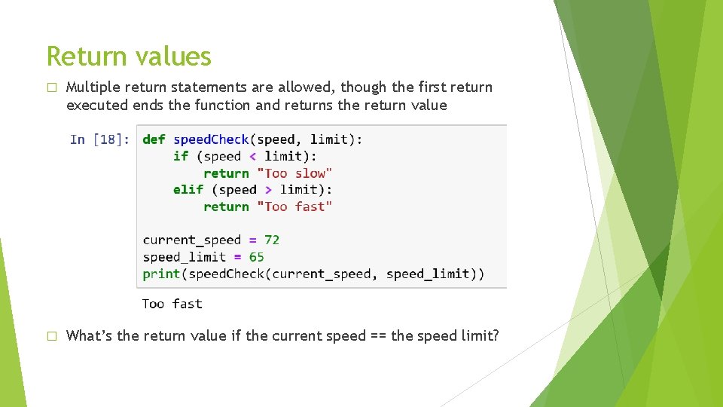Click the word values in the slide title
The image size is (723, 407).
tap(176, 57)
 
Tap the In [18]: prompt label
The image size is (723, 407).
tap(99, 139)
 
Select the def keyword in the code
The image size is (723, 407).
tap(154, 139)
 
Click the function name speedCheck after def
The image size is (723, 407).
tap(211, 139)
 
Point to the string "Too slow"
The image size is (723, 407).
tap(294, 173)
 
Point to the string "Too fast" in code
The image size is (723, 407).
tap(294, 207)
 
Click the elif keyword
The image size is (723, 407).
tap(188, 190)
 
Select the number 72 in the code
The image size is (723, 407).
tap(272, 240)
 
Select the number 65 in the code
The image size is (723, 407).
tap(257, 257)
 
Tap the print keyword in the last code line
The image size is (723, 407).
tap(161, 274)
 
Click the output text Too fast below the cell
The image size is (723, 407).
tap(172, 304)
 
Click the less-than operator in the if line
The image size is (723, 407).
tap(252, 157)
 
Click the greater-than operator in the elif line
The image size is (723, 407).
tap(268, 190)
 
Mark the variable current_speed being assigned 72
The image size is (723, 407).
tap(192, 240)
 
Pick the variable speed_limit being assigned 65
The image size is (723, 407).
tap(185, 257)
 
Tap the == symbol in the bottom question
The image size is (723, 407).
tap(378, 336)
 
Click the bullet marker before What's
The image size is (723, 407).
tap(51, 336)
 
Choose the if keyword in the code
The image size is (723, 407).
tap(181, 157)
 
